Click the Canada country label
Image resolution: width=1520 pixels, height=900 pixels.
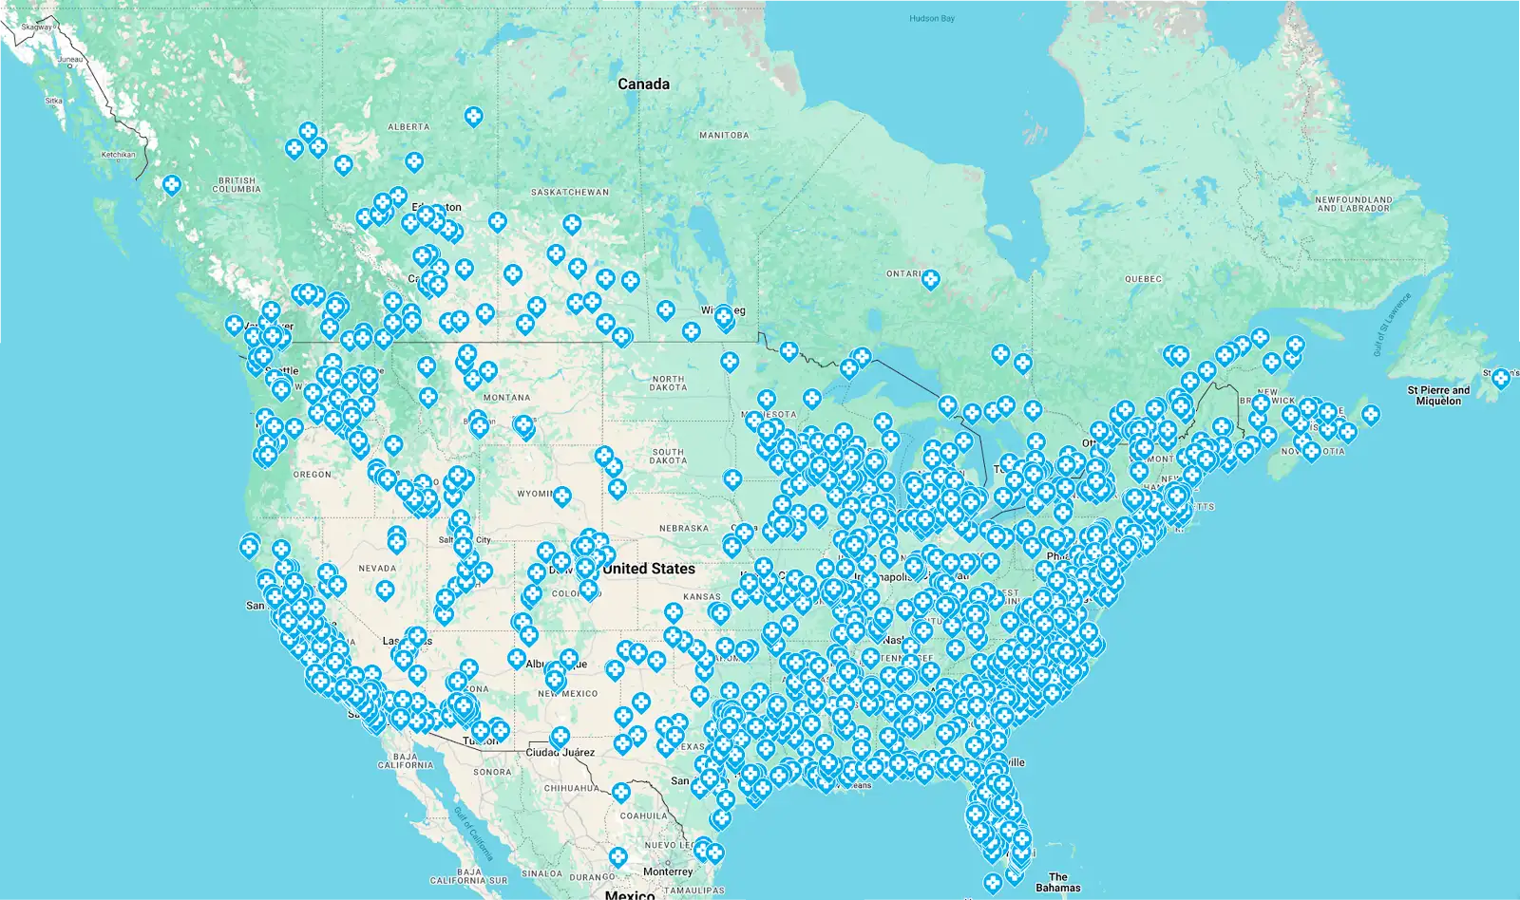pyautogui.click(x=643, y=84)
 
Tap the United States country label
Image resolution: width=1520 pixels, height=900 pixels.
pyautogui.click(x=649, y=569)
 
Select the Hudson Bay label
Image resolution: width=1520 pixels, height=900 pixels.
pyautogui.click(x=931, y=19)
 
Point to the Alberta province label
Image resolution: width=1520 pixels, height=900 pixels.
pyautogui.click(x=408, y=127)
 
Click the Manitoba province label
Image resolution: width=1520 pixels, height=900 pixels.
pyautogui.click(x=724, y=136)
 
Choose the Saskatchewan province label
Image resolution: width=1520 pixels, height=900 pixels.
pyautogui.click(x=570, y=193)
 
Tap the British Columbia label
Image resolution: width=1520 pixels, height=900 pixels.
pyautogui.click(x=237, y=184)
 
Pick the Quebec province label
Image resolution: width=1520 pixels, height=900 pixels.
pyautogui.click(x=1143, y=279)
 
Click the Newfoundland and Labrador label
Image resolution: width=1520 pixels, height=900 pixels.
pyautogui.click(x=1353, y=204)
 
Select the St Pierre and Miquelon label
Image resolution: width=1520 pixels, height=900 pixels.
pyautogui.click(x=1438, y=395)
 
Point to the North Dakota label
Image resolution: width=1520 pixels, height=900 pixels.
pyautogui.click(x=668, y=383)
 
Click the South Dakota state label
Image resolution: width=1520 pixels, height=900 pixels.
pyautogui.click(x=668, y=457)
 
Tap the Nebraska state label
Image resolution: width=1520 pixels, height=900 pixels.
pyautogui.click(x=684, y=529)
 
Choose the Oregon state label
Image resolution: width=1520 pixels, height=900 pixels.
pyautogui.click(x=313, y=475)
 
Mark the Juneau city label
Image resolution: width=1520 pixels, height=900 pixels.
pyautogui.click(x=70, y=60)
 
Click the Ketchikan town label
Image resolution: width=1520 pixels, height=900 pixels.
pyautogui.click(x=118, y=155)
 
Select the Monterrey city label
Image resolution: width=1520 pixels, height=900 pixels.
pyautogui.click(x=668, y=872)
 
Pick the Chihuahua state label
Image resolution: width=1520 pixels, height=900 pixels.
pyautogui.click(x=571, y=788)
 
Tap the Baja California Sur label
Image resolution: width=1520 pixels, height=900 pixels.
pyautogui.click(x=468, y=875)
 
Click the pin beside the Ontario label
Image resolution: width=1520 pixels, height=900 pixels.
pyautogui.click(x=931, y=278)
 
